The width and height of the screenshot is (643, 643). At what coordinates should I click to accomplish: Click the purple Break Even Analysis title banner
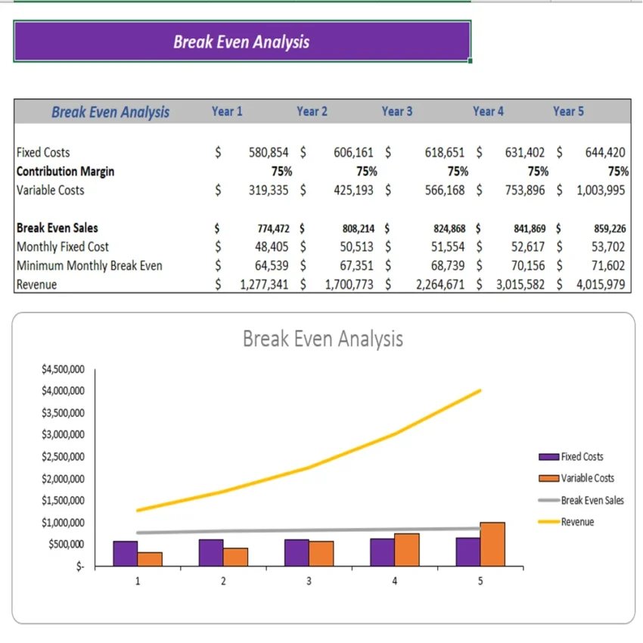click(241, 42)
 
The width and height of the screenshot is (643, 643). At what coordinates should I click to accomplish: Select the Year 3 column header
click(396, 111)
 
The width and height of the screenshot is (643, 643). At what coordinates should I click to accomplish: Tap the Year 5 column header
click(568, 111)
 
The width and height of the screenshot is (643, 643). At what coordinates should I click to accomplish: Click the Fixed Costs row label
click(43, 152)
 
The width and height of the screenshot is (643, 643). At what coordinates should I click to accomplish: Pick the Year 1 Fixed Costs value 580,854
click(268, 152)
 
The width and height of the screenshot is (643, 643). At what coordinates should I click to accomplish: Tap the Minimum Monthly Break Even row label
click(89, 266)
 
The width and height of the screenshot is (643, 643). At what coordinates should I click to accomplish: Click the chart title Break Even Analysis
click(322, 338)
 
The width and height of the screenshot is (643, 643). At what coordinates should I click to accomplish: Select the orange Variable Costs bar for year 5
click(492, 544)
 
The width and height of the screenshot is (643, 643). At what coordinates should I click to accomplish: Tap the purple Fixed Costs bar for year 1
click(126, 554)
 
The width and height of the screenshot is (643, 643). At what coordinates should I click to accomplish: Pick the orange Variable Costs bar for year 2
click(235, 557)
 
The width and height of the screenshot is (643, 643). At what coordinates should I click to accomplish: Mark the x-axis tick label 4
click(394, 581)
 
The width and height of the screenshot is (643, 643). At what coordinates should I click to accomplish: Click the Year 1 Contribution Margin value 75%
click(281, 171)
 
